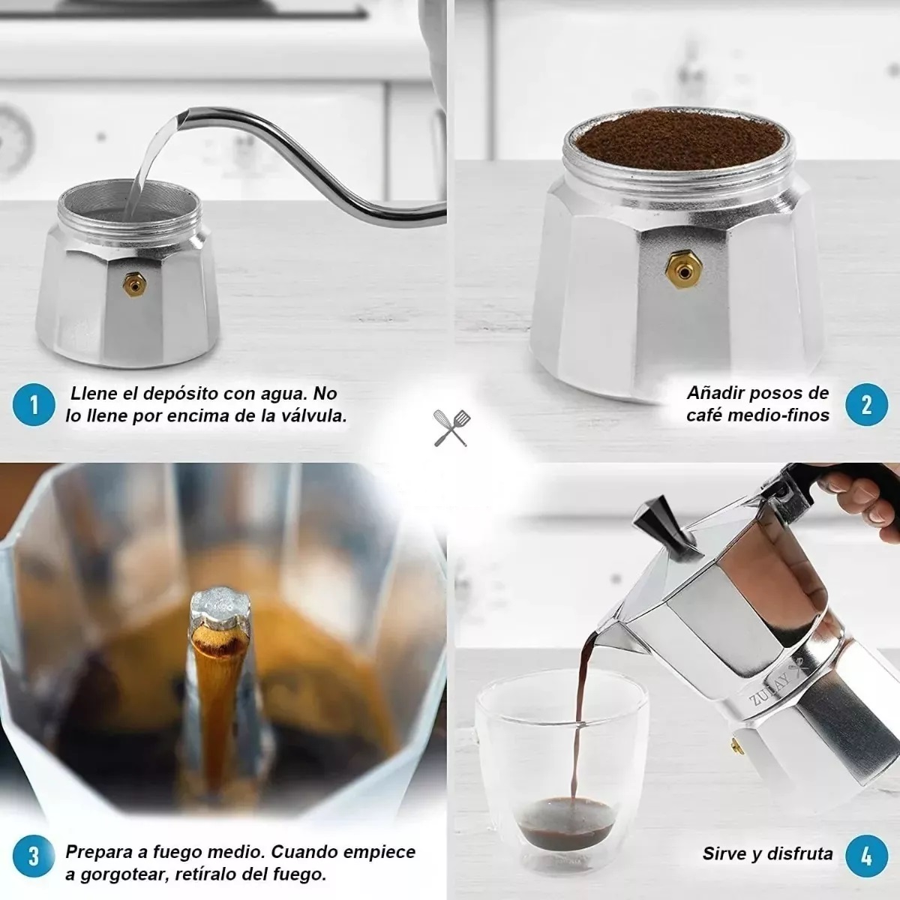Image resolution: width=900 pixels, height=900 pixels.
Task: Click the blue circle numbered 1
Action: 33,405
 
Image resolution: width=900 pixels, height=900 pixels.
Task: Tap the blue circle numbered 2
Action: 866,404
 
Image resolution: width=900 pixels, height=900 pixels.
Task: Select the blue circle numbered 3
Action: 33,856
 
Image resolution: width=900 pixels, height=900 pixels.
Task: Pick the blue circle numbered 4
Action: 866,856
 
